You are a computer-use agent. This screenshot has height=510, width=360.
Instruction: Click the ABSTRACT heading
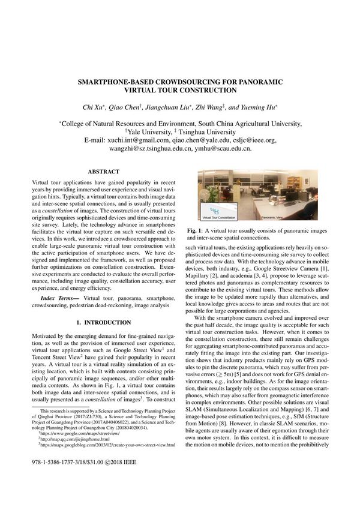[104, 171]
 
